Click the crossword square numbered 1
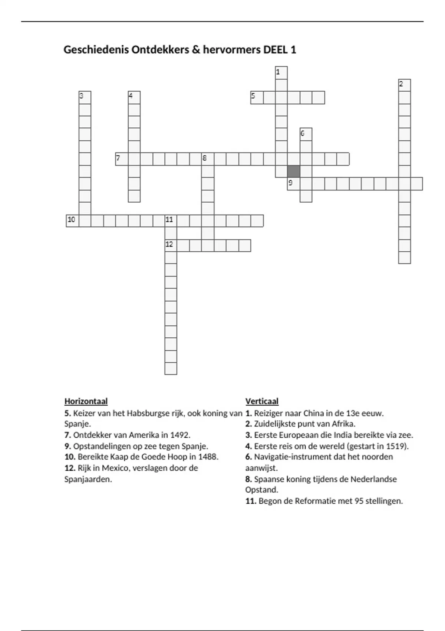[x=281, y=73]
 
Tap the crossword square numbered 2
[x=405, y=85]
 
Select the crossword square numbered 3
[x=85, y=98]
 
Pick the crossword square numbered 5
[x=257, y=98]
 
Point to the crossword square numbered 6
[x=306, y=134]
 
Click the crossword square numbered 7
[x=122, y=159]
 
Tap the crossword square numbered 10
[x=73, y=220]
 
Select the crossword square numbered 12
[x=171, y=245]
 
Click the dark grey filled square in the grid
[x=294, y=171]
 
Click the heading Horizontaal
[x=86, y=401]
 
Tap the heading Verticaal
[x=262, y=401]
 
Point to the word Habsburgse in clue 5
[x=146, y=413]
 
